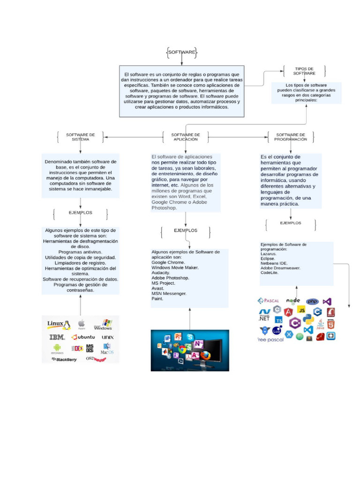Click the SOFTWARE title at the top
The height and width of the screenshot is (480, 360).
(x=182, y=52)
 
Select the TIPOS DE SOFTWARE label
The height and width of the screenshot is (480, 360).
(x=304, y=71)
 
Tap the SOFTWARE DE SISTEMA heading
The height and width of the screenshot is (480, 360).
(x=80, y=136)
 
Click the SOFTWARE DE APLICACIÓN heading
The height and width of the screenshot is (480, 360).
(x=186, y=136)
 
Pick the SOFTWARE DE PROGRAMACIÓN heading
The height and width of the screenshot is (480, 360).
(x=291, y=136)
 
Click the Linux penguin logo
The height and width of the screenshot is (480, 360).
(x=58, y=324)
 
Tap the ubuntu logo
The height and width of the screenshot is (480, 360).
(x=83, y=337)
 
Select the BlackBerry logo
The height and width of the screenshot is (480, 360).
(x=64, y=360)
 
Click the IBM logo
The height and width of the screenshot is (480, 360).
(x=57, y=337)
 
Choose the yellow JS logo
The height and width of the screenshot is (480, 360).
(x=302, y=310)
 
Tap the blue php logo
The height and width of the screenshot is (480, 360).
(x=312, y=301)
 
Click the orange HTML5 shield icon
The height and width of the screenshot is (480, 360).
(x=331, y=324)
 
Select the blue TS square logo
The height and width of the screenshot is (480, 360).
(x=279, y=320)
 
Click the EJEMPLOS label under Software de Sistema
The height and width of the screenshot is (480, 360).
(x=80, y=213)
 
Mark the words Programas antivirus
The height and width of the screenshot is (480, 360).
(x=80, y=252)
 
